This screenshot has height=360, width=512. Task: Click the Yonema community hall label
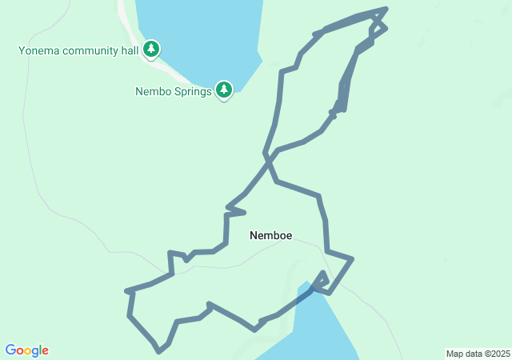80,51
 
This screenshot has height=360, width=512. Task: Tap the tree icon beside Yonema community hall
151,50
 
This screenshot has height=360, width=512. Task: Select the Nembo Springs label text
173,91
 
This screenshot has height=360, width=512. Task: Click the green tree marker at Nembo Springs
224,90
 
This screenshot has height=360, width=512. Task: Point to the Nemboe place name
270,235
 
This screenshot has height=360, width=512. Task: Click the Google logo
27,350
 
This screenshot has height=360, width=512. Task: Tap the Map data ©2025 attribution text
478,354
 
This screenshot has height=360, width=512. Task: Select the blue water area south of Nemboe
320,328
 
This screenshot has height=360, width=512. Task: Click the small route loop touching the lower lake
322,282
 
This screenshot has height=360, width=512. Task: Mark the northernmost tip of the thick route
386,9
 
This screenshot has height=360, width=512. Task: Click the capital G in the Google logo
11,350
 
